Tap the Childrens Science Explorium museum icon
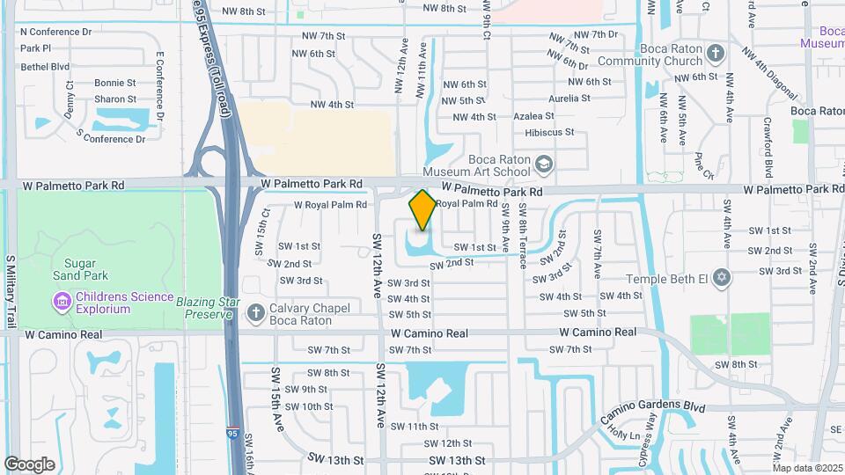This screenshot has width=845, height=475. click(x=62, y=303)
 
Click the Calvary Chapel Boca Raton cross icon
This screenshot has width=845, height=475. click(x=256, y=312)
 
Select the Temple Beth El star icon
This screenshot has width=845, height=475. click(x=721, y=278)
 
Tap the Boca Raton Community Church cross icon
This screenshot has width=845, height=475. click(x=716, y=54)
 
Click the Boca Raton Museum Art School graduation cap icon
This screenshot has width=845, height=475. click(x=545, y=164)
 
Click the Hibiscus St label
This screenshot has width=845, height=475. click(x=549, y=132)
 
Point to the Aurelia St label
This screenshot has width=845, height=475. click(x=569, y=99)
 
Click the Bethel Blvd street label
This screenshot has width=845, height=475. click(x=44, y=66)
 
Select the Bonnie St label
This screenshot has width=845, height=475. click(x=115, y=83)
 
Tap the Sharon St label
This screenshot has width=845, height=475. click(x=115, y=99)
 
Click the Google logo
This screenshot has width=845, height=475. click(x=29, y=464)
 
